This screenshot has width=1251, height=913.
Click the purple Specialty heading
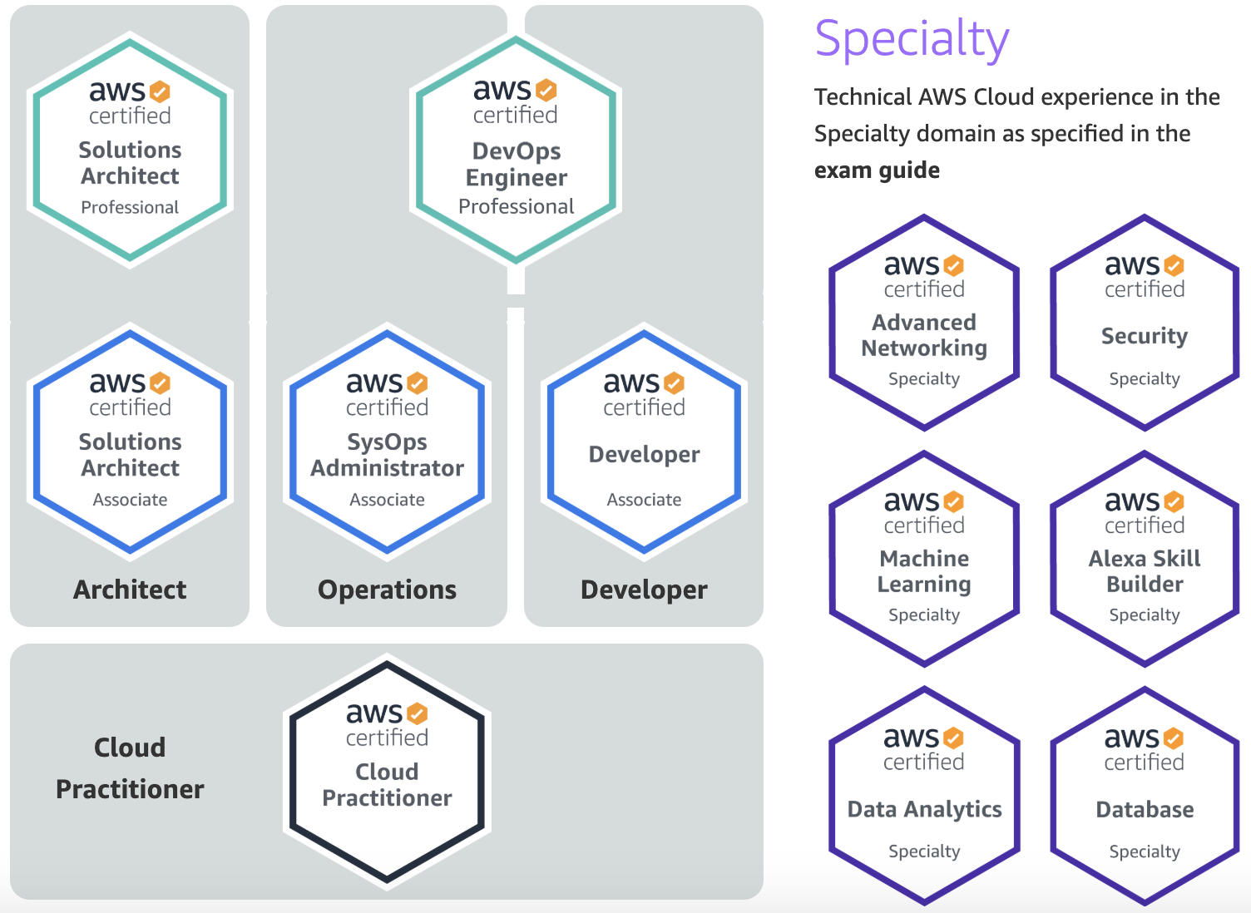coord(912,39)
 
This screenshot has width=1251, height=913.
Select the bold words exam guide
coord(877,170)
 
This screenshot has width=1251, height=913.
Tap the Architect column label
coord(130,590)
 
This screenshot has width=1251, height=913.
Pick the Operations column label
coord(387,590)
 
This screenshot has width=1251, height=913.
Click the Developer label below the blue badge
coord(644,590)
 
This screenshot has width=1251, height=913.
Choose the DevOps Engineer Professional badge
coord(516,150)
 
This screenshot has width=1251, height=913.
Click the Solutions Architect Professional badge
coord(130,150)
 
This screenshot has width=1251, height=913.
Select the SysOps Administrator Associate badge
coord(387,441)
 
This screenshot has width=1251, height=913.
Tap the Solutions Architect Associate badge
coord(130,441)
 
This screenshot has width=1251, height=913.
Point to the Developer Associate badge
coord(644,441)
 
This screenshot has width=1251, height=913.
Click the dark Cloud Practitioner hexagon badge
coord(387,771)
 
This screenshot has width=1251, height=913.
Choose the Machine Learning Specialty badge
coord(924,559)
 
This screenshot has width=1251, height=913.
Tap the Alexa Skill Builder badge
coord(1145,559)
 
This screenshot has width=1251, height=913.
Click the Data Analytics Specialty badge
coord(924,796)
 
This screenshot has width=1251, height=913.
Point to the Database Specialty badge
coord(1145,796)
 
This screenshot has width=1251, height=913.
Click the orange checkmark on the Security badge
coord(1174,265)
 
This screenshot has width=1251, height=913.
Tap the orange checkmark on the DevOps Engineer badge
coord(546,89)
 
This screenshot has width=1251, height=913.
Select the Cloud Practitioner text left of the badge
coord(130,767)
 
